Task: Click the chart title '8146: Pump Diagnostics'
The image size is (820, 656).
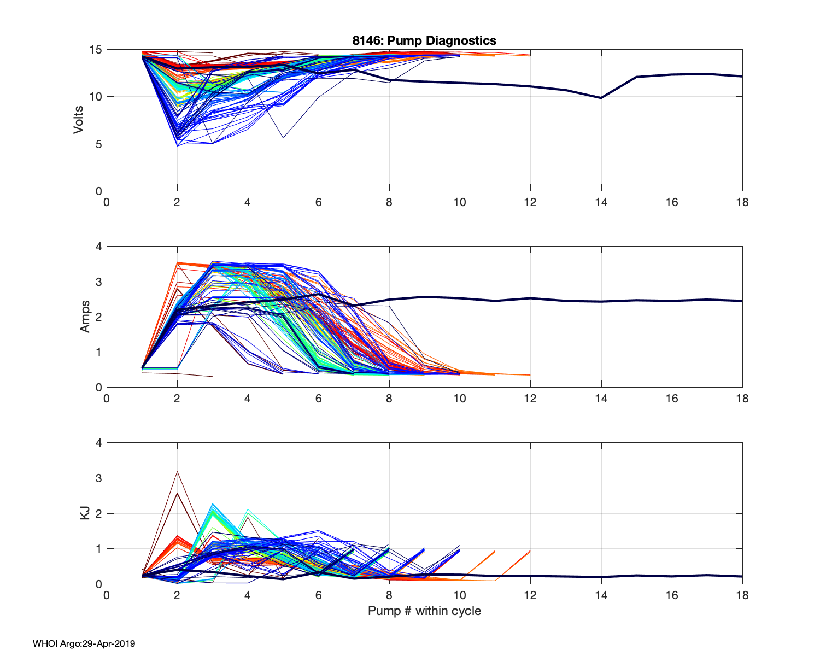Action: coord(424,40)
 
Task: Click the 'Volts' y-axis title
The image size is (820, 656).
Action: coord(79,120)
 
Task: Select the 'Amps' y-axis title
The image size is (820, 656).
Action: coord(85,317)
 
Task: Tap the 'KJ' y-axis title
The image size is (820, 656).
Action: coord(85,513)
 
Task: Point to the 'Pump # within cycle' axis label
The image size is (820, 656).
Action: coord(424,611)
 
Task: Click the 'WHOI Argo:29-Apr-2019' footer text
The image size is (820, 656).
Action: coord(84,643)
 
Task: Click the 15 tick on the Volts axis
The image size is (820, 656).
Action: coord(96,50)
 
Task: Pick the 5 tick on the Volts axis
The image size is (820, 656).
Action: coord(99,144)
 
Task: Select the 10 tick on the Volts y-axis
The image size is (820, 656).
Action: coord(96,97)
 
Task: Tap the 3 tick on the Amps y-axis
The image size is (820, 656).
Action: coord(99,282)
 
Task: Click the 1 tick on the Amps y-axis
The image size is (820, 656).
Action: coord(99,352)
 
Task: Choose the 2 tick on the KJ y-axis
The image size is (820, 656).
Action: coord(99,513)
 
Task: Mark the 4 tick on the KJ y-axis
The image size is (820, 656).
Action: coord(99,443)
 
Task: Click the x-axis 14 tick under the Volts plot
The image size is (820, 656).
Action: coord(601,202)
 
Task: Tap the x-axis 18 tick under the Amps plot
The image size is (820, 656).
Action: coord(742,399)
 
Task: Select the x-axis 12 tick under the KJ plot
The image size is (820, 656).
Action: coord(530,595)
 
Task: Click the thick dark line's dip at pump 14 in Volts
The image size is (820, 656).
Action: coord(601,98)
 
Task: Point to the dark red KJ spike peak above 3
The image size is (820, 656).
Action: coord(177,471)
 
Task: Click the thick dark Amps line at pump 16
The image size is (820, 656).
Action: coord(671,301)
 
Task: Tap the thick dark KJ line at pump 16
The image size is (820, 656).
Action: coord(671,576)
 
